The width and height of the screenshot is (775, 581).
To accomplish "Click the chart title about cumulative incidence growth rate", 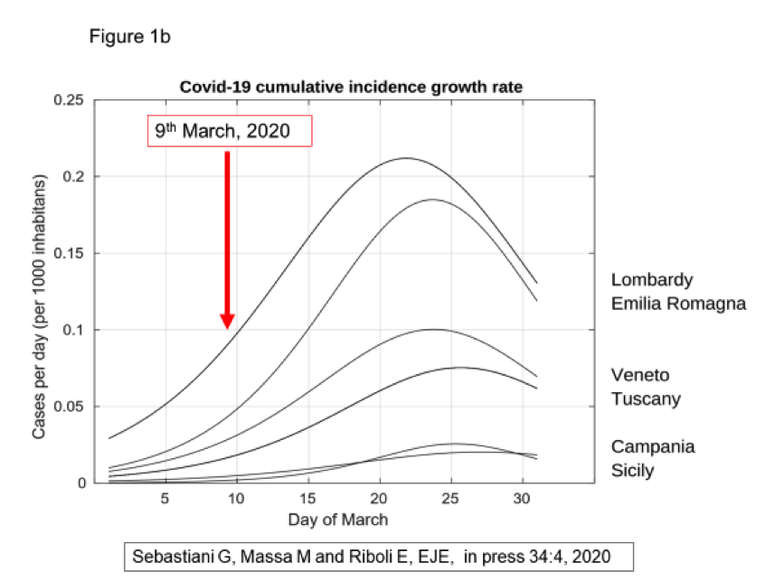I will [x=351, y=87].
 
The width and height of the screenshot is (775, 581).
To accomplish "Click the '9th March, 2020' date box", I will [x=230, y=131].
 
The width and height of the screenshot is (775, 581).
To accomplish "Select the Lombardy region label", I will [x=651, y=279].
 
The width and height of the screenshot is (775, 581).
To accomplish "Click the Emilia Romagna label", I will [x=678, y=304].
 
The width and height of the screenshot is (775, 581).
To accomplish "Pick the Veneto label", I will [x=640, y=375].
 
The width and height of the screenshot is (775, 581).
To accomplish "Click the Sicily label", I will [x=633, y=471].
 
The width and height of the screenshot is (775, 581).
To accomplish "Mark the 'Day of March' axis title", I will [x=337, y=520].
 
